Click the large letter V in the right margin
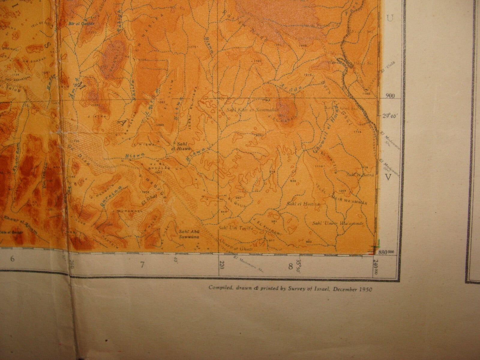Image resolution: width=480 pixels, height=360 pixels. click(x=389, y=178)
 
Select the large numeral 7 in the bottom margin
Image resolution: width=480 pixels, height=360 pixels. click(x=142, y=265)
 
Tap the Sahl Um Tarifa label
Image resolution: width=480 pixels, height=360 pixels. click(x=232, y=229)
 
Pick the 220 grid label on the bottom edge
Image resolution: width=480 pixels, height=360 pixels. click(x=222, y=265)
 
